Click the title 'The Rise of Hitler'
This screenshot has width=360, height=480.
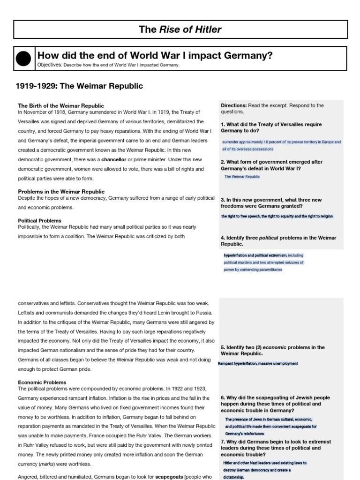click(180, 30)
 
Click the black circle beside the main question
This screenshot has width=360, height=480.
click(23, 59)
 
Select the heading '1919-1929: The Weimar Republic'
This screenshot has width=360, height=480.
click(79, 86)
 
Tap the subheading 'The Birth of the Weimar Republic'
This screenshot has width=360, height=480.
click(61, 106)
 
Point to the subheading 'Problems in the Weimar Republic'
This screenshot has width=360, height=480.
click(61, 192)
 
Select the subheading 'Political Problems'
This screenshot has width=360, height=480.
click(39, 220)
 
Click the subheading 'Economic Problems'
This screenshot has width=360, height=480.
click(42, 382)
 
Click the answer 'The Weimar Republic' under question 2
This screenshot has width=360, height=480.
click(242, 177)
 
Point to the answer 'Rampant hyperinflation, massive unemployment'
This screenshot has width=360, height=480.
click(258, 363)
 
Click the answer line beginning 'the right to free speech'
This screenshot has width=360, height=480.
click(277, 216)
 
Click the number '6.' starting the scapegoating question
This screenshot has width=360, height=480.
click(223, 397)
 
